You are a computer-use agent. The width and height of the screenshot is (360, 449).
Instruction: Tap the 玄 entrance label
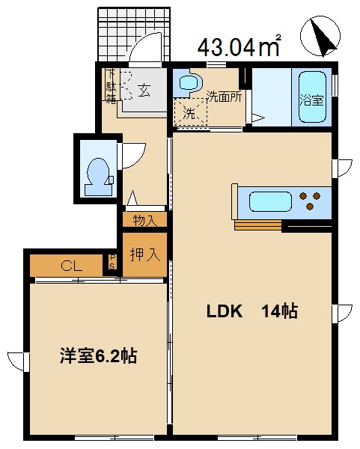coord(144,91)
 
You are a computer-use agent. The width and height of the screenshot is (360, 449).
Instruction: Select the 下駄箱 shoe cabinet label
coord(110,85)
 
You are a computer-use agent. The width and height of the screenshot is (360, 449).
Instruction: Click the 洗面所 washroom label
coord(224,97)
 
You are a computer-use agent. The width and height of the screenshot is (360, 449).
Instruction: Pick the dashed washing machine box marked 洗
coord(189,113)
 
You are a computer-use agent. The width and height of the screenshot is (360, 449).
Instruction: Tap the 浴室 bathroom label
coord(312,98)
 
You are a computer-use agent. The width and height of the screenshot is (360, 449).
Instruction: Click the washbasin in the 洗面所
coord(187,82)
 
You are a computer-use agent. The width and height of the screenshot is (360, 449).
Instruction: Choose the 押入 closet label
coord(145,254)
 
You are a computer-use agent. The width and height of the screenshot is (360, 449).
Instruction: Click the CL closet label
coord(72,265)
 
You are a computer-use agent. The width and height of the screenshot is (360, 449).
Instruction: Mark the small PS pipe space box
coord(113,263)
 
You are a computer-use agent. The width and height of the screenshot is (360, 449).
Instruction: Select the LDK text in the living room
coord(225,312)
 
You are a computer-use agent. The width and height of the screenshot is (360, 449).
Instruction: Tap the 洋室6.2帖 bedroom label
coord(98,357)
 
